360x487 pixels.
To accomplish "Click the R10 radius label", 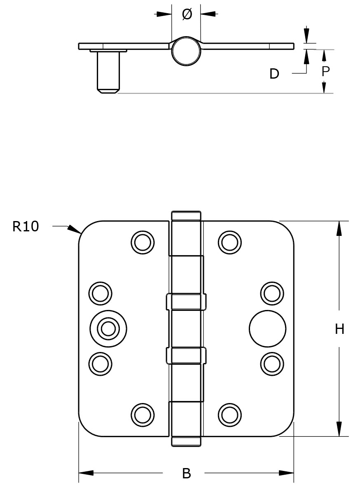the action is (26, 226).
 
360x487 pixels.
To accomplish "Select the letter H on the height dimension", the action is (339, 329).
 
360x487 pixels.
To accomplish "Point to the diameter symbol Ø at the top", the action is (187, 14).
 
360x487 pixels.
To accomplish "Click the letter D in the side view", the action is (274, 74).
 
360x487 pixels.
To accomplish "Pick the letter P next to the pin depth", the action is (325, 72).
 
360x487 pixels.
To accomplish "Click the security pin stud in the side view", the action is (108, 72).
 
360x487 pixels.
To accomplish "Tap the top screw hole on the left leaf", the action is (143, 242).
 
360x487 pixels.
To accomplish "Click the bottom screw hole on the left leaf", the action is (143, 415).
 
